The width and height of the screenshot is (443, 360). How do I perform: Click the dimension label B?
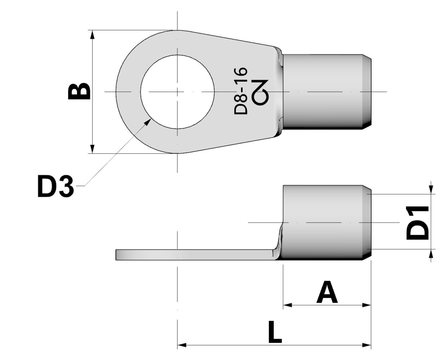79,91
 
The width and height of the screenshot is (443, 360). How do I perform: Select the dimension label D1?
418,223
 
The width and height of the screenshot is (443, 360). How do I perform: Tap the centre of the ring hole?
177,92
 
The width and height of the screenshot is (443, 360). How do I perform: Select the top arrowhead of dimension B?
92,35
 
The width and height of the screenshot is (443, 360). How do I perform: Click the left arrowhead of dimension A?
287,305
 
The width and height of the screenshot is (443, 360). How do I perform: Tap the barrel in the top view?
324,92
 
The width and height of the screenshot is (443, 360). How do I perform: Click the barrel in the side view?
324,222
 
